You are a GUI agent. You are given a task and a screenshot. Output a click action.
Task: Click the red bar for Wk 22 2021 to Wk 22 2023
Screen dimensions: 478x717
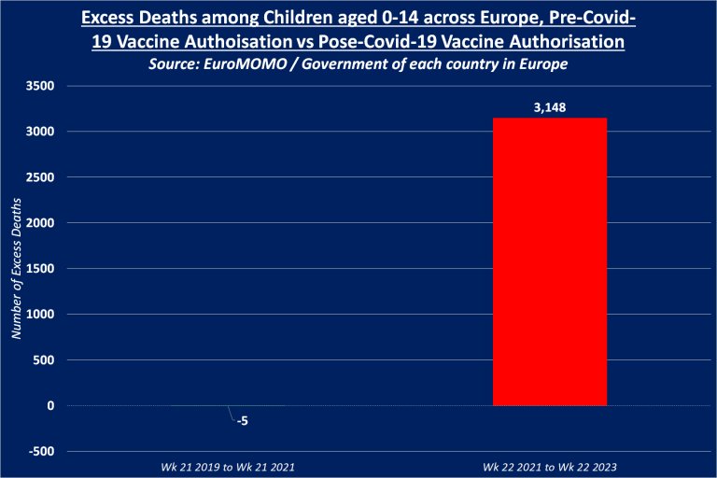click(x=549, y=261)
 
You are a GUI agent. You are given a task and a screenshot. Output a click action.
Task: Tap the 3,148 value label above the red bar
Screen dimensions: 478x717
click(x=549, y=107)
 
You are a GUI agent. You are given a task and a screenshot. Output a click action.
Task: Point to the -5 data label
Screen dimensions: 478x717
click(x=242, y=421)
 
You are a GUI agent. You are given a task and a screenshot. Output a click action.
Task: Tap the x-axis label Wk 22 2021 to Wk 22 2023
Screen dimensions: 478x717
click(x=549, y=465)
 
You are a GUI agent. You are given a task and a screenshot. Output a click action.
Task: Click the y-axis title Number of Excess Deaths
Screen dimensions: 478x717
click(x=15, y=269)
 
